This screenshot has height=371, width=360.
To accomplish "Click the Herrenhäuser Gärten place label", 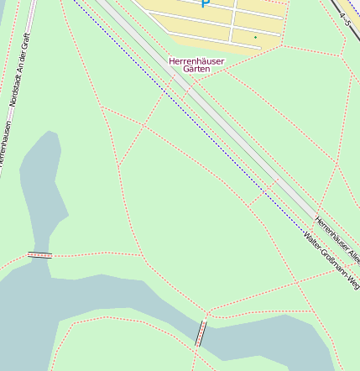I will tap(196, 65).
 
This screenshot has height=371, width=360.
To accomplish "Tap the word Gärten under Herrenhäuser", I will tap(196, 69).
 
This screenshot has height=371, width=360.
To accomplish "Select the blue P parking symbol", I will tap(205, 4).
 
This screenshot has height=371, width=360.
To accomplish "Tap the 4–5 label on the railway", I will tap(343, 18).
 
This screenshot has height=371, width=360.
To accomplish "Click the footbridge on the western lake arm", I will tap(39, 254).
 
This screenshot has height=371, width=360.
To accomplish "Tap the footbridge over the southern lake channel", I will tap(201, 333).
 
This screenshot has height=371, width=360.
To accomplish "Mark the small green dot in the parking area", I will tap(255, 38).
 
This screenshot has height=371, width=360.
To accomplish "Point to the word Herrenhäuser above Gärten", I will tap(196, 60).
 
